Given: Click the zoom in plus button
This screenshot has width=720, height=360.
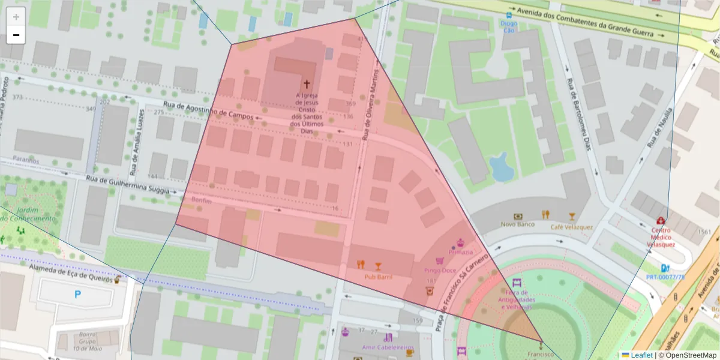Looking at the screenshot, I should (x=16, y=17).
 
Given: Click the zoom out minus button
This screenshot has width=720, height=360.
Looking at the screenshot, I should (x=16, y=35).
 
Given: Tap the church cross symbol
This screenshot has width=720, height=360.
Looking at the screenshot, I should (x=307, y=85).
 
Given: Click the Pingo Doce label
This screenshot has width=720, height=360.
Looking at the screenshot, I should (x=440, y=270).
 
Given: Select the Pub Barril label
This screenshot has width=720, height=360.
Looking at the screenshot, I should (x=378, y=277).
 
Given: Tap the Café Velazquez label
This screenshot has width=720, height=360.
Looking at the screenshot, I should (x=572, y=227).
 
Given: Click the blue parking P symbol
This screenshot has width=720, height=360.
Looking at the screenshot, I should (x=77, y=294).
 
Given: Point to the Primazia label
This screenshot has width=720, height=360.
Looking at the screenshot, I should (x=460, y=252).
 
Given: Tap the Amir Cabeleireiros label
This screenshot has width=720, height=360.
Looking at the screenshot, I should (x=388, y=347).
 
